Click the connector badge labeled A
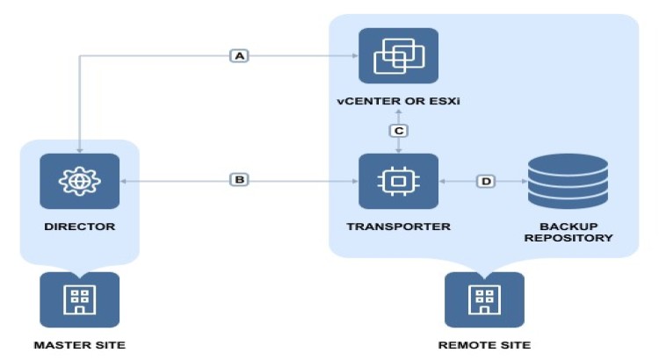[239, 55]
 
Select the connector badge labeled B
[239, 180]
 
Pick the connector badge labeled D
[486, 181]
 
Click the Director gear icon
[79, 180]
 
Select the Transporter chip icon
[398, 181]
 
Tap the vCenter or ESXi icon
[398, 56]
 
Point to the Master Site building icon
[79, 299]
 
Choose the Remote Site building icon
[484, 299]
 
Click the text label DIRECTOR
[79, 227]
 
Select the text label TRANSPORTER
[398, 227]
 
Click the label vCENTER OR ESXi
[398, 103]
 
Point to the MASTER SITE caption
[79, 345]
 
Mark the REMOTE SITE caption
[484, 345]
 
